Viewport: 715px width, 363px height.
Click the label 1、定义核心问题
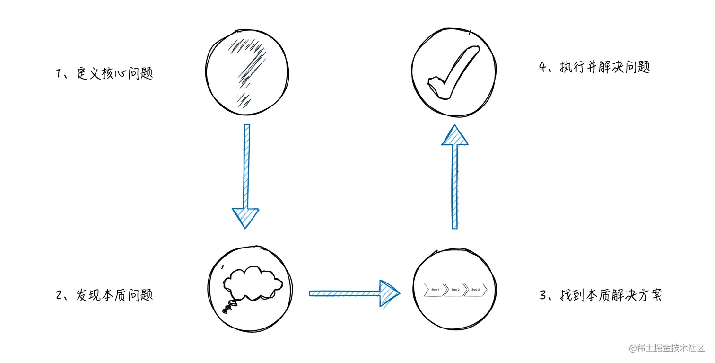coord(105,74)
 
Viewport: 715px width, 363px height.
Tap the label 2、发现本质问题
coord(105,296)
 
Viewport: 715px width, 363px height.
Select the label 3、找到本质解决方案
coord(601,295)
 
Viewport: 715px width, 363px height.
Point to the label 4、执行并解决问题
coord(594,67)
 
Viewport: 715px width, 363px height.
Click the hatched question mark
coord(247,71)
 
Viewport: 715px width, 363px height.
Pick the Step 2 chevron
coord(455,289)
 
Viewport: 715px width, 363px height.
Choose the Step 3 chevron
coord(475,289)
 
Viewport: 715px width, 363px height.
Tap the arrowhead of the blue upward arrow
coord(454,136)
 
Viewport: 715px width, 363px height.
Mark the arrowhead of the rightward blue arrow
coord(389,293)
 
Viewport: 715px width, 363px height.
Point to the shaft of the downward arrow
coord(246,166)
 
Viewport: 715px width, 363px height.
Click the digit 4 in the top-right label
coord(543,67)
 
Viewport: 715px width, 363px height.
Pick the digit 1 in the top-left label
coord(59,74)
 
